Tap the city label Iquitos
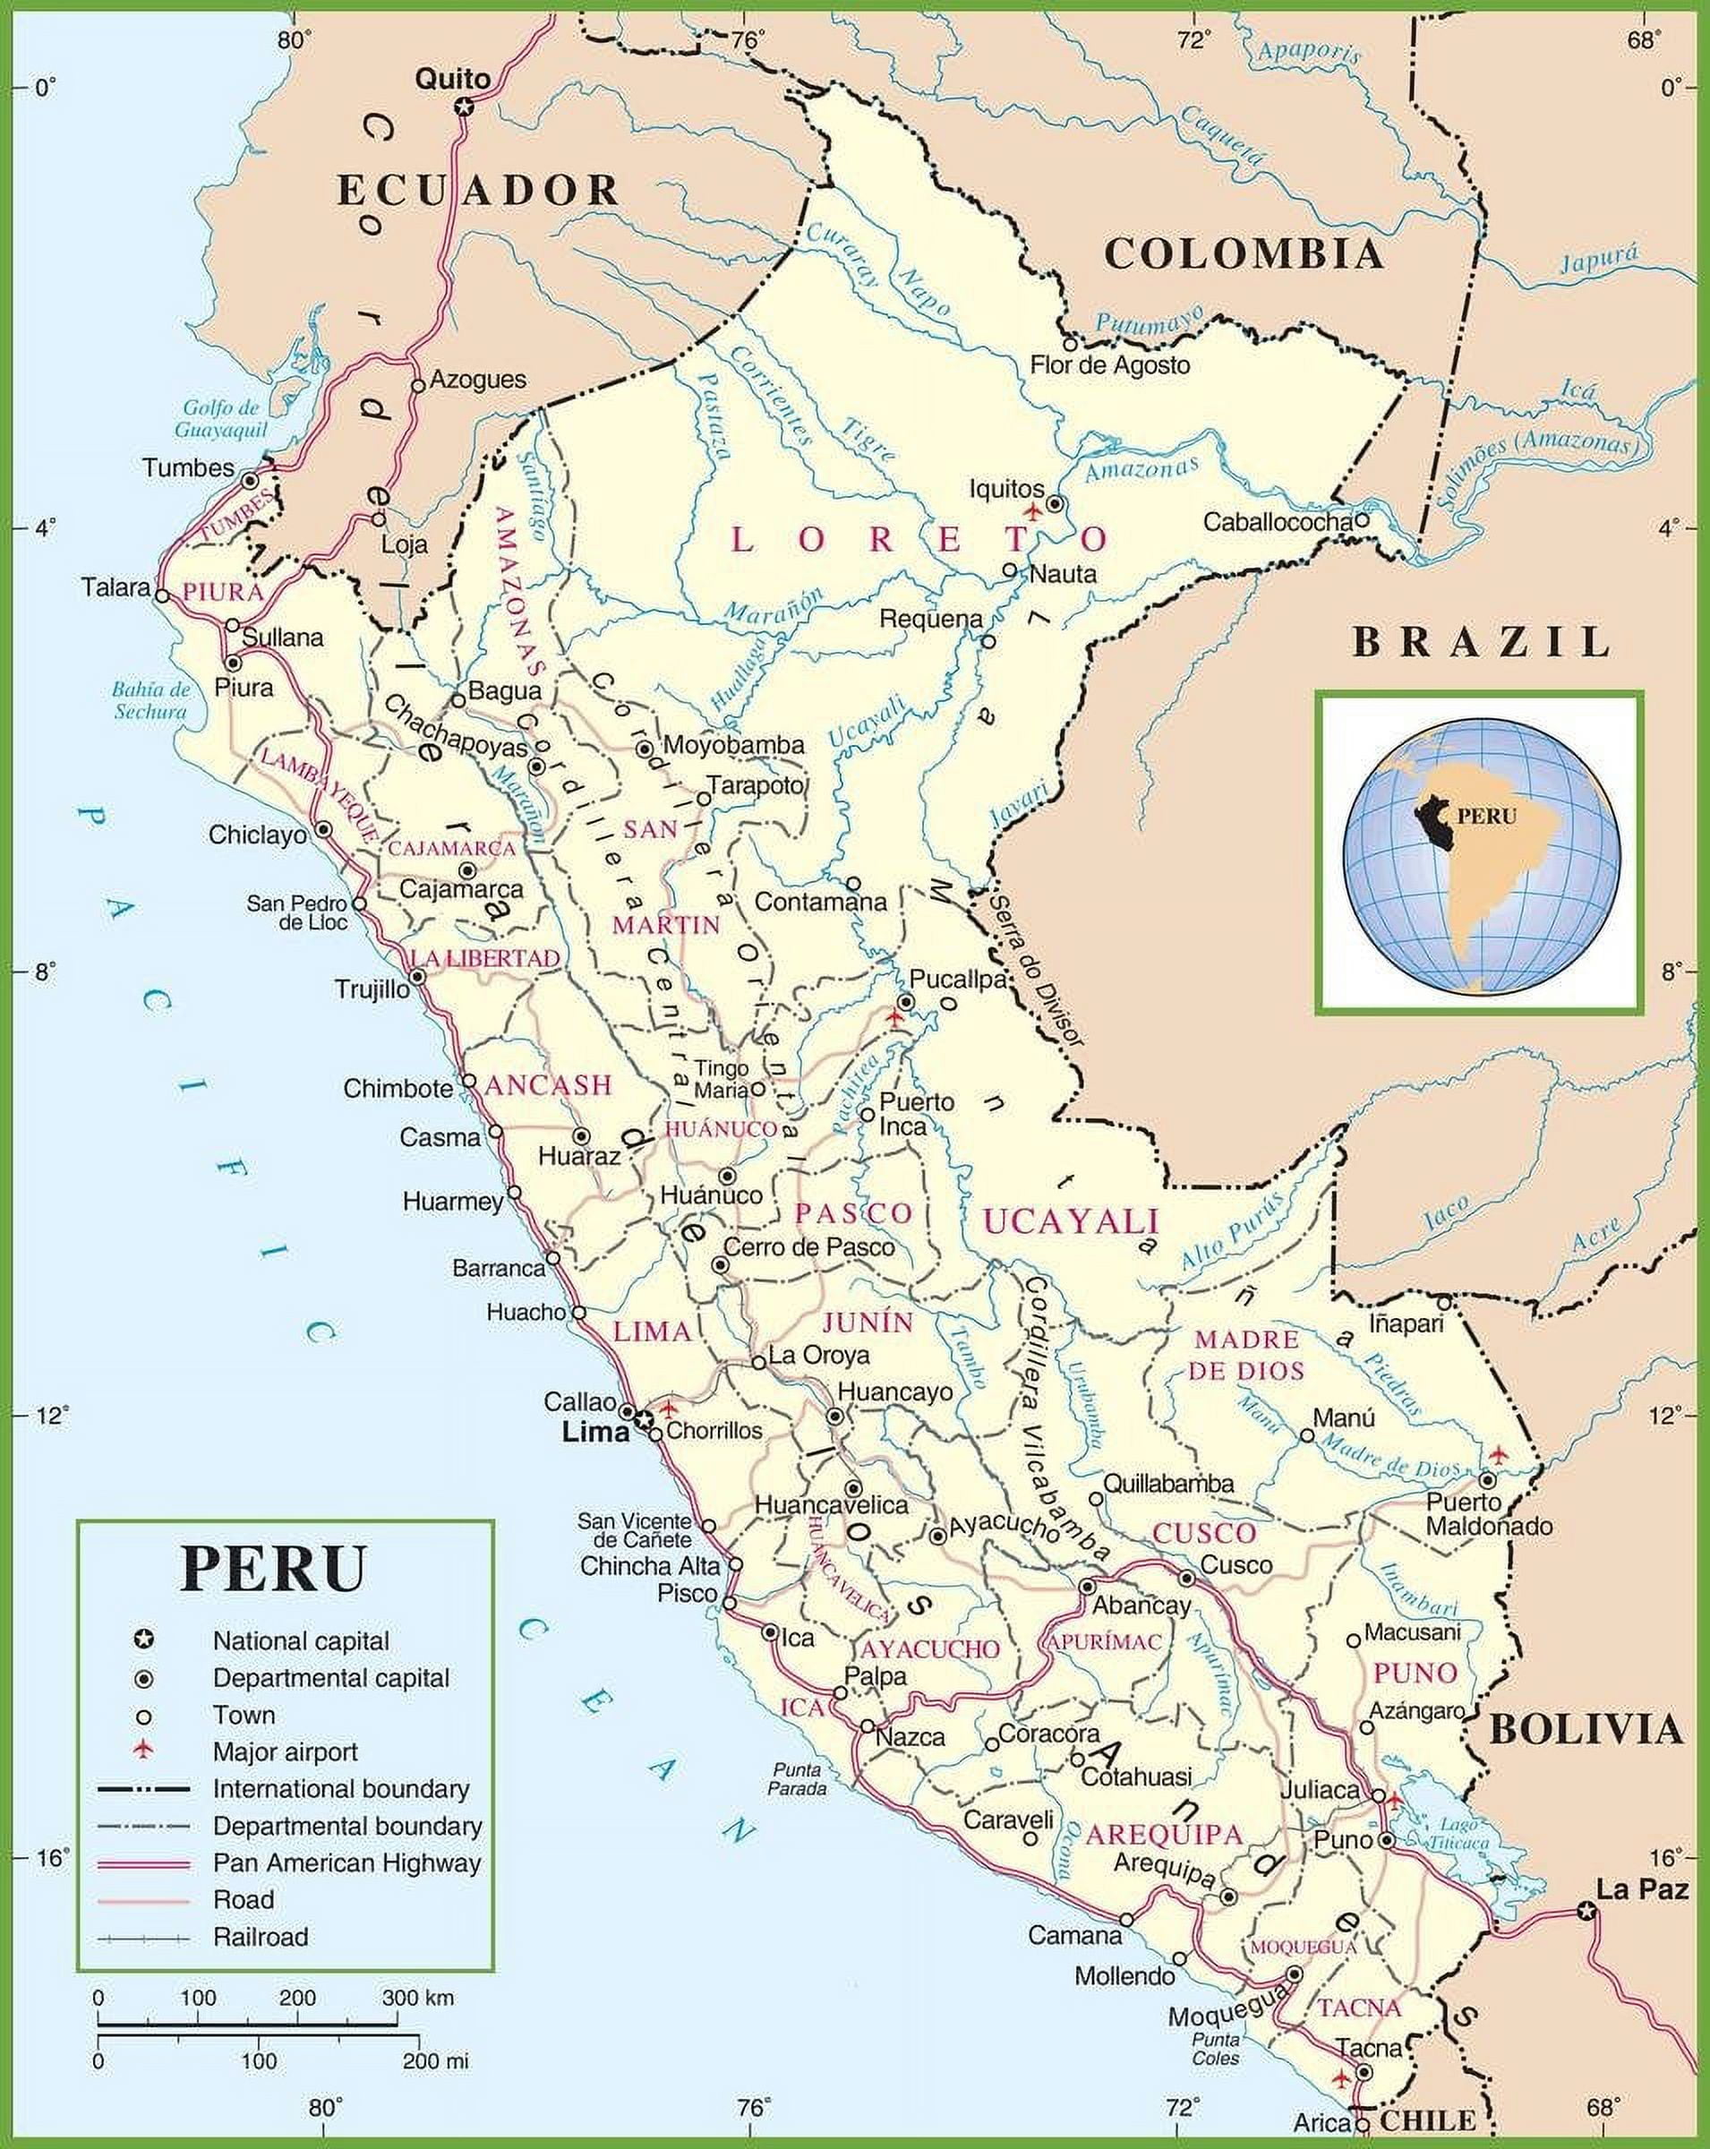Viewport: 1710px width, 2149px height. (x=1006, y=488)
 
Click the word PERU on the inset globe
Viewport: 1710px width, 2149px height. (x=1486, y=817)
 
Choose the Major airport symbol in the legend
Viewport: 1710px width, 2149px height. (x=144, y=1751)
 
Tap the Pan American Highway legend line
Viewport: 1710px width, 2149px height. (x=143, y=1862)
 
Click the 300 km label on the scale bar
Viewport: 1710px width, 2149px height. (x=417, y=1998)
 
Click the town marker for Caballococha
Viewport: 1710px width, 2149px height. (x=1361, y=519)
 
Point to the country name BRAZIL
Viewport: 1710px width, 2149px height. (x=1481, y=642)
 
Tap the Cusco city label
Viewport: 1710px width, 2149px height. (x=1235, y=1565)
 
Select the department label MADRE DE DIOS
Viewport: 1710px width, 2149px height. (x=1246, y=1355)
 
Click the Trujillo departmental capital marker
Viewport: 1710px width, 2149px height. (x=417, y=977)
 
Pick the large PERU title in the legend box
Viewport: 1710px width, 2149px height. (x=273, y=1568)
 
